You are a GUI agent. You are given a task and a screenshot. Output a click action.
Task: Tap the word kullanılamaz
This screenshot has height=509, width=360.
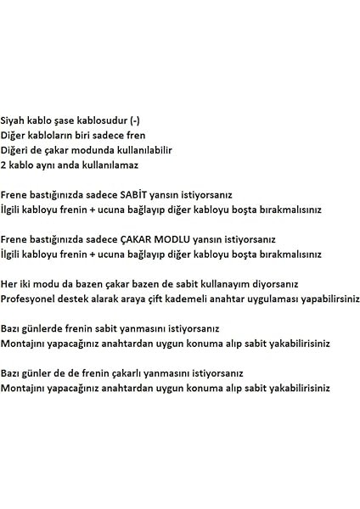tap(111, 165)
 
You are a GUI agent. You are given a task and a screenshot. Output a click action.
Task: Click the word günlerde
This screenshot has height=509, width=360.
tap(48, 328)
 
